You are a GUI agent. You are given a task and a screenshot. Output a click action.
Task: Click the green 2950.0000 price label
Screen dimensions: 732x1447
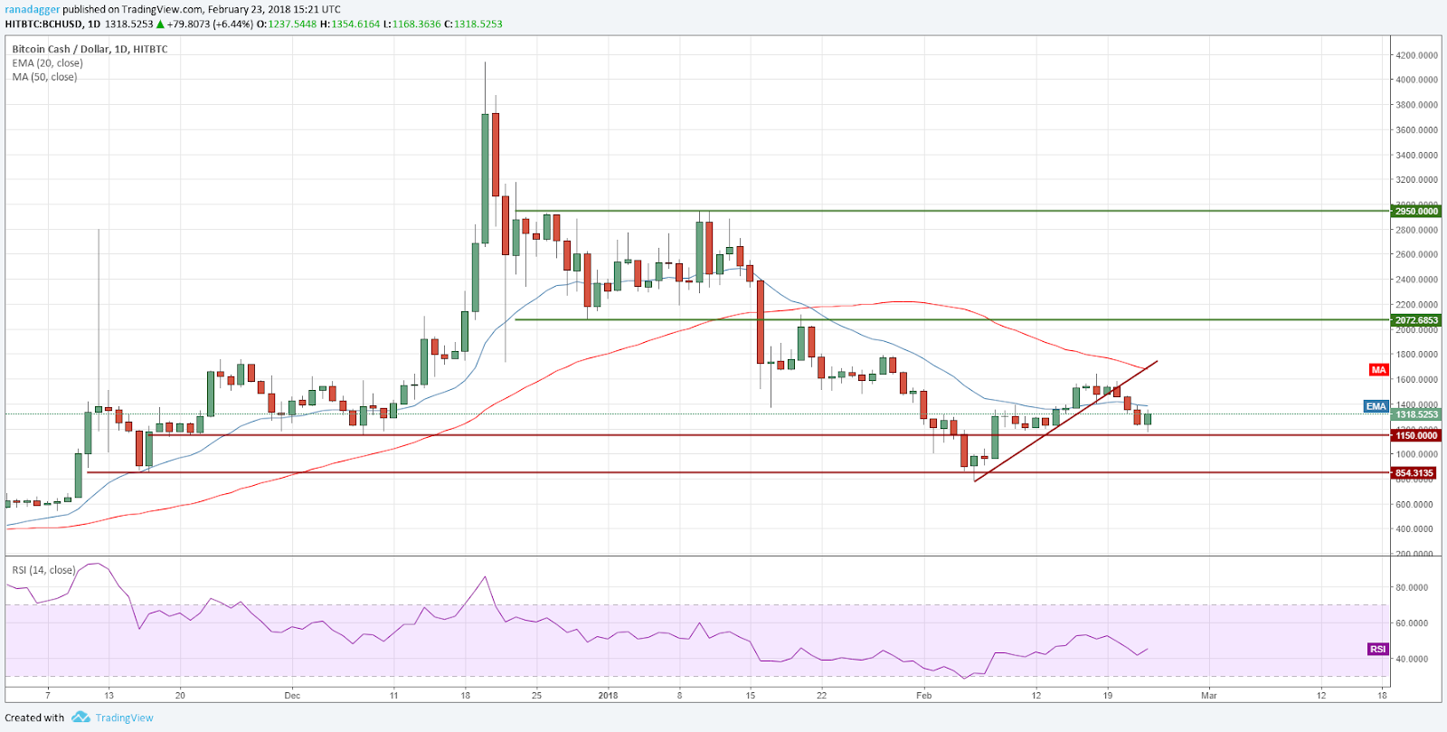point(1416,211)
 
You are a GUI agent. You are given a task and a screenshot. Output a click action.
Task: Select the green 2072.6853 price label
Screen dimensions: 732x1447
point(1416,320)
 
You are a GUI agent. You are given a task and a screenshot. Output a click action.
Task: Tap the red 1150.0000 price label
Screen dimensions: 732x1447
point(1416,435)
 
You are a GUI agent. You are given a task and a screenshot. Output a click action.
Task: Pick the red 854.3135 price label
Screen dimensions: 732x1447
point(1414,473)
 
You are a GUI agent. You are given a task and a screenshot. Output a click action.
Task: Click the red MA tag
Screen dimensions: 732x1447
point(1378,370)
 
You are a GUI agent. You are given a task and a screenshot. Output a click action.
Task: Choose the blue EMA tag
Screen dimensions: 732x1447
point(1376,406)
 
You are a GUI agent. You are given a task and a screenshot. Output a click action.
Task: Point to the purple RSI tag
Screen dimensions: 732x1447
point(1377,649)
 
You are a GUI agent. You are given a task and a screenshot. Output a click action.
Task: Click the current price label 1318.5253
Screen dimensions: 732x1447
point(1416,414)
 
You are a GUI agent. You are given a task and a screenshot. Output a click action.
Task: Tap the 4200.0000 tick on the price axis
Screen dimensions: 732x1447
point(1416,55)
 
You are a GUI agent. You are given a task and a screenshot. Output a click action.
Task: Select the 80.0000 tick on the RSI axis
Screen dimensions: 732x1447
point(1412,587)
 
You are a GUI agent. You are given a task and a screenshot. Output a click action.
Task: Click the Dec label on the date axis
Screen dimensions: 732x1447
point(291,696)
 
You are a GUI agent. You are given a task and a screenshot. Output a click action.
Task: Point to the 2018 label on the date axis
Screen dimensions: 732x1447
point(608,696)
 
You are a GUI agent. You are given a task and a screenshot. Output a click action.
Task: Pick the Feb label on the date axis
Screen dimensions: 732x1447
point(923,696)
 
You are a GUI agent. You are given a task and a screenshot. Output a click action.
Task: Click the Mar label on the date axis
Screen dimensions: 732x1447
point(1209,696)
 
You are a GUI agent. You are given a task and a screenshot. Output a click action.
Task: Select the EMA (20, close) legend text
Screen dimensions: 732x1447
point(47,63)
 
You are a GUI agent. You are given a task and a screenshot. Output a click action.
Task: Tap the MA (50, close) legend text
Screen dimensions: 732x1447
point(44,77)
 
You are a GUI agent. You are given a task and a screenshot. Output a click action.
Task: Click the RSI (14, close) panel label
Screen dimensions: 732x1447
point(43,570)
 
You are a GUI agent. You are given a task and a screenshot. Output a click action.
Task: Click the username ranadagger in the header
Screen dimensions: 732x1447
point(32,10)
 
